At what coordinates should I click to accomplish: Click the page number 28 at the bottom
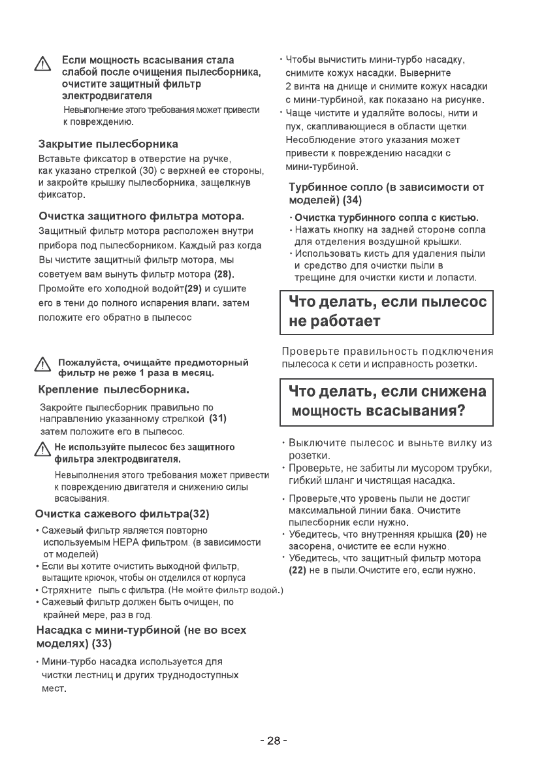pyautogui.click(x=273, y=741)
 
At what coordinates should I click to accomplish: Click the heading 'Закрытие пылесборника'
pyautogui.click(x=108, y=143)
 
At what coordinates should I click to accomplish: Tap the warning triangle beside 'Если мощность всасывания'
pyautogui.click(x=42, y=65)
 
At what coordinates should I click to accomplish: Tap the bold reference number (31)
pyautogui.click(x=217, y=419)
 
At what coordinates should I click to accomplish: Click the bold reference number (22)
pyautogui.click(x=298, y=570)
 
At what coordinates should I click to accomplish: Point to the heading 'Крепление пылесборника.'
pyautogui.click(x=114, y=391)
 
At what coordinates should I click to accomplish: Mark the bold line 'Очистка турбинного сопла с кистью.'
pyautogui.click(x=387, y=217)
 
